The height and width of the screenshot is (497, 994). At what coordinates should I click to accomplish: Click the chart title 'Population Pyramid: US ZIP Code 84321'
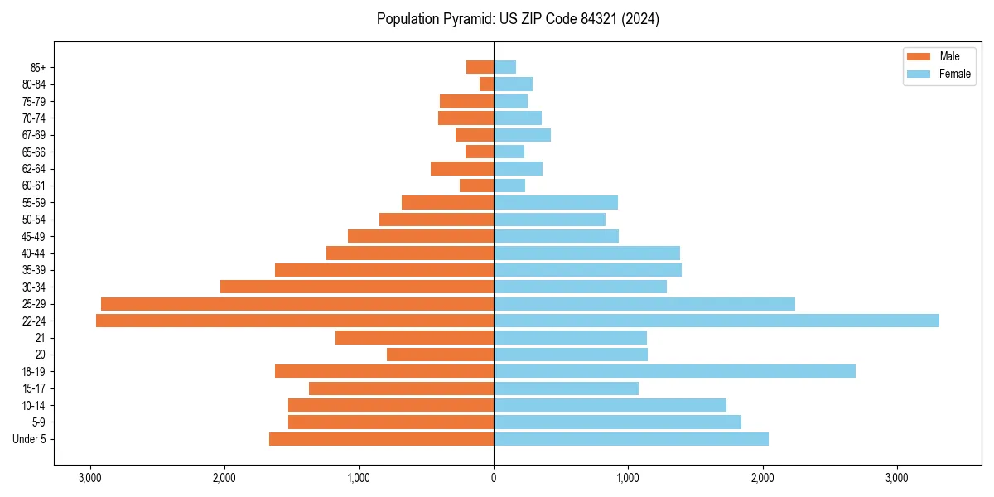tap(518, 19)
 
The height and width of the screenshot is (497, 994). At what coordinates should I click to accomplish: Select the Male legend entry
tap(937, 56)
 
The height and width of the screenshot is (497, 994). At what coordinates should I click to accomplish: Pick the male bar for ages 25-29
tap(297, 304)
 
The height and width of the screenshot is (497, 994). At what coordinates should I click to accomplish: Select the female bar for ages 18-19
tap(674, 371)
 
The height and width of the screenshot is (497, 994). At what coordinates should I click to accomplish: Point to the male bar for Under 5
tap(381, 439)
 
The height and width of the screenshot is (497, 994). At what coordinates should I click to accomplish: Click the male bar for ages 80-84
tap(487, 84)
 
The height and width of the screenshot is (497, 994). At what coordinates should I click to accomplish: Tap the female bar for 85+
tap(504, 67)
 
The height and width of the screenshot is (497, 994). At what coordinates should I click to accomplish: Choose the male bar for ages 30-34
tap(357, 287)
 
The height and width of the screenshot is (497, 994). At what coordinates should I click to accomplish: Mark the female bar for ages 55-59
tap(556, 202)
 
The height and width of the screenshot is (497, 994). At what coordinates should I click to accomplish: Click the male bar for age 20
tap(440, 355)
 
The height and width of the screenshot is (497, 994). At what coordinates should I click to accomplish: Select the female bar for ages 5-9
tap(617, 422)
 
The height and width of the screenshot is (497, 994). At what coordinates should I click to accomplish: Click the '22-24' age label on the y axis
tap(33, 321)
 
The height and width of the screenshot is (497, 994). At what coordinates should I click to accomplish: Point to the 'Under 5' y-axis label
tap(30, 439)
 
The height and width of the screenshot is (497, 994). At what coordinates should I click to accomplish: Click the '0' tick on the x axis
tap(494, 478)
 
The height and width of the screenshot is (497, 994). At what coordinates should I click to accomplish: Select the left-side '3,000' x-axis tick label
tap(89, 478)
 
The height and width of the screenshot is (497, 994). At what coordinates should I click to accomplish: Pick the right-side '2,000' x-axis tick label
tap(763, 478)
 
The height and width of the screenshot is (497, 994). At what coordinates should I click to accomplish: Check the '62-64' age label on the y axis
tap(33, 168)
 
